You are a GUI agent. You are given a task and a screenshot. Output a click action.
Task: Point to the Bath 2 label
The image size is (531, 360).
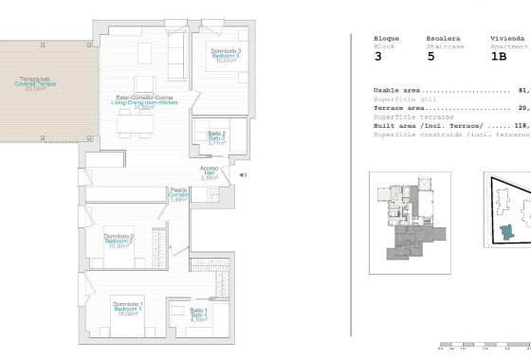click(x=215, y=137)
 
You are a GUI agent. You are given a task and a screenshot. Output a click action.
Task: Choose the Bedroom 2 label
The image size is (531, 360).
click(x=119, y=241)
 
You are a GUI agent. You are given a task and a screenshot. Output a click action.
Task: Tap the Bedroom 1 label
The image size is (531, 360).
click(x=128, y=309)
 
